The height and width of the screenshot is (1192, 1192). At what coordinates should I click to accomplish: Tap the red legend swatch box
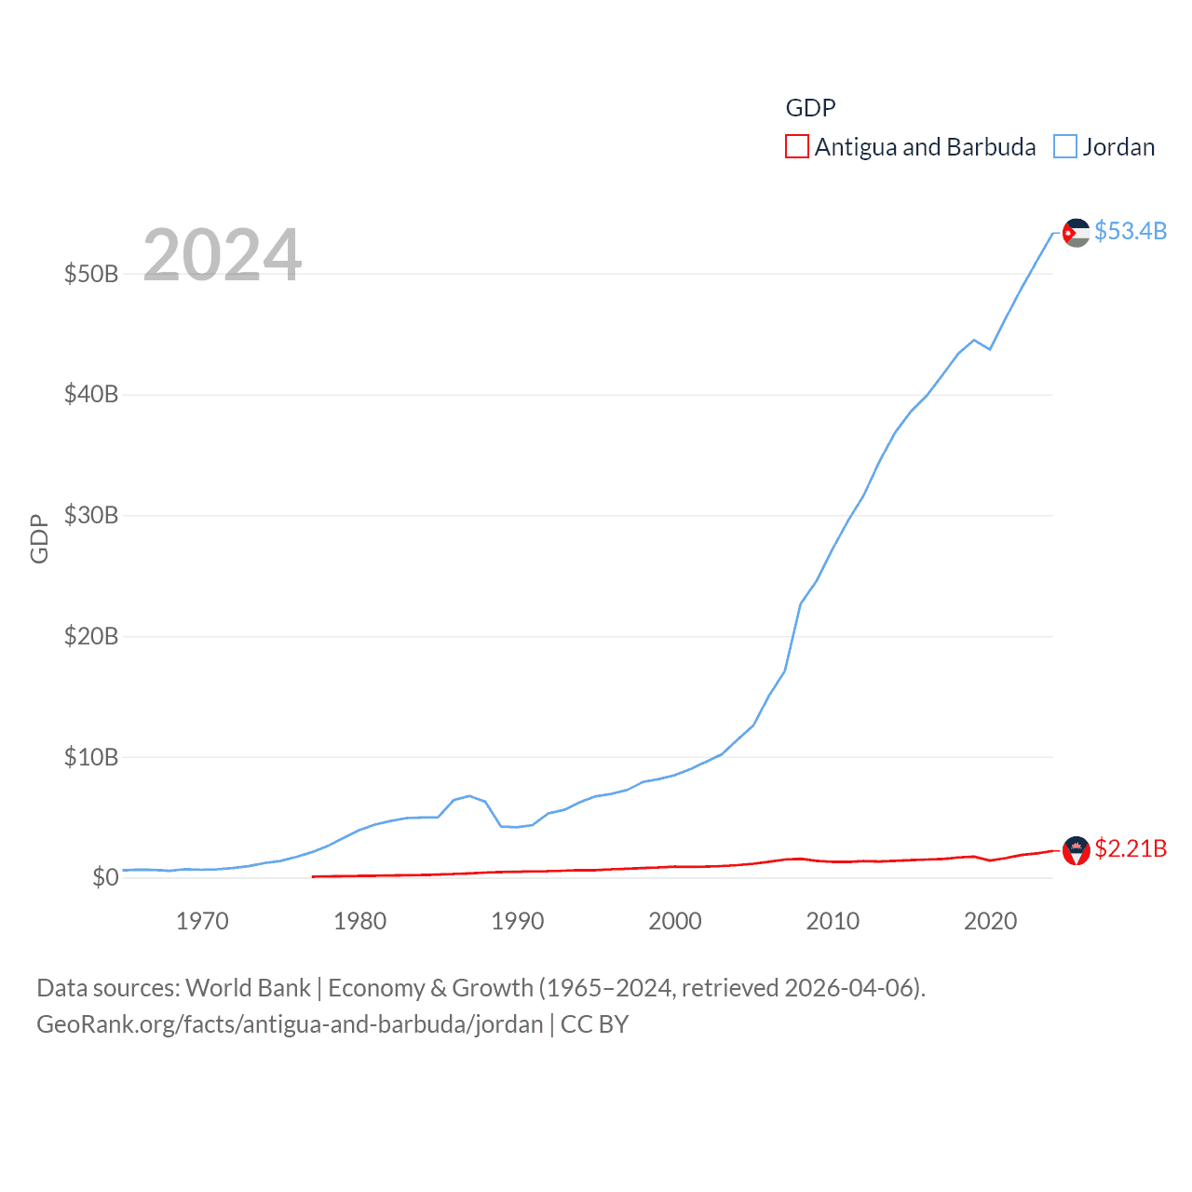(x=797, y=147)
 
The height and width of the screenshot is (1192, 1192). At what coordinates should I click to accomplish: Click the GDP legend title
(x=810, y=108)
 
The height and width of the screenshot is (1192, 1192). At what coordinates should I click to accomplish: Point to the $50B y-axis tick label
(x=91, y=274)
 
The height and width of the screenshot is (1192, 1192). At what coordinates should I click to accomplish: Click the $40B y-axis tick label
(x=91, y=394)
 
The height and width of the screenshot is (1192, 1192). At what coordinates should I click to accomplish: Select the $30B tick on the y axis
(x=91, y=515)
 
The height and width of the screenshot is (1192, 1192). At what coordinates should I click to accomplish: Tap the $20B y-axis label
(x=91, y=636)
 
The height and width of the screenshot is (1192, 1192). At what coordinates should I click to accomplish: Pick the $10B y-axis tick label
(x=91, y=757)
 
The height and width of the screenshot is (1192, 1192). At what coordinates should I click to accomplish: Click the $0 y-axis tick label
(x=105, y=877)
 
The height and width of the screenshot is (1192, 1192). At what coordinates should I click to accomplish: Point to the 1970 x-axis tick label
(x=202, y=921)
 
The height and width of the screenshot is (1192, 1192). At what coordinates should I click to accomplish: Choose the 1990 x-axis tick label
(x=518, y=921)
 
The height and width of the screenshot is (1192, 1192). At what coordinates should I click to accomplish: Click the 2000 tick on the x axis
(x=675, y=921)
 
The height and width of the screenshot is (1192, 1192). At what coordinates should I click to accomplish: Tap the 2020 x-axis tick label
(x=990, y=921)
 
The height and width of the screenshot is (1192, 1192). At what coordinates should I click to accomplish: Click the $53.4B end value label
(x=1131, y=231)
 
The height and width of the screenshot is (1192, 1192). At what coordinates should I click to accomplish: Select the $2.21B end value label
(x=1131, y=848)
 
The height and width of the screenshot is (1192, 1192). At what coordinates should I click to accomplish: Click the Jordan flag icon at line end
(x=1077, y=233)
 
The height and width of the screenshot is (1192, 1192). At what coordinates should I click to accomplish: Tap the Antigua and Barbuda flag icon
(x=1077, y=850)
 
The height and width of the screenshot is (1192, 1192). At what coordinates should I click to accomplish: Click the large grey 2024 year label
(x=223, y=254)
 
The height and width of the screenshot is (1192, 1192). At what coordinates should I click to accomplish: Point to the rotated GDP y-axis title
(x=39, y=538)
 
